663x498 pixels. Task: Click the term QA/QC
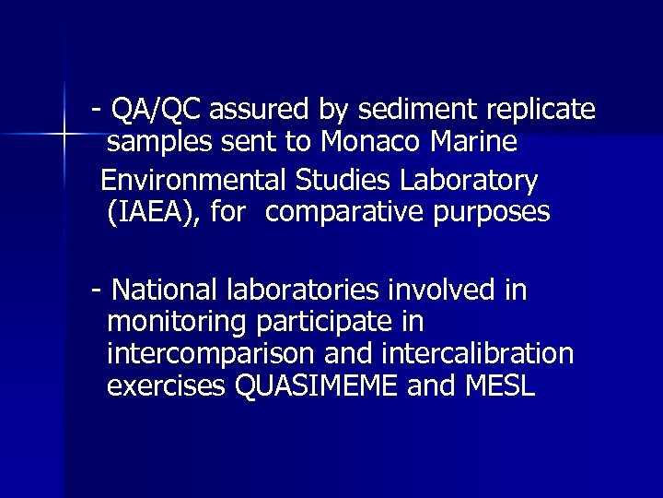point(157,111)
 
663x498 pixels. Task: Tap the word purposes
point(497,213)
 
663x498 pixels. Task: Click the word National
point(164,290)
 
